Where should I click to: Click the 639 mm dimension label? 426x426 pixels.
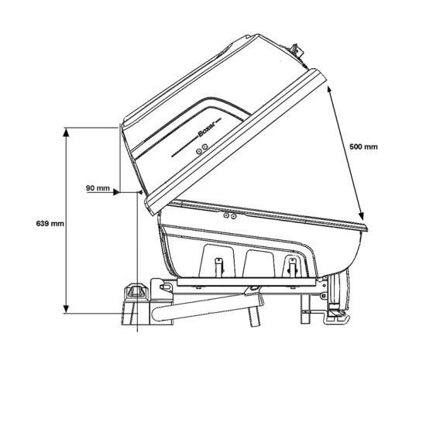(50, 224)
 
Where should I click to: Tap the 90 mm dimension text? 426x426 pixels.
(98, 188)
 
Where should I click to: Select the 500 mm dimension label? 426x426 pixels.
(363, 146)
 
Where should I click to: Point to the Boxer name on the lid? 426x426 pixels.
(207, 129)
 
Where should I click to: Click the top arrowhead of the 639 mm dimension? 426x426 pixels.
(66, 132)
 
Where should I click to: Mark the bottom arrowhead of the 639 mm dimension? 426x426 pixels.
(66, 308)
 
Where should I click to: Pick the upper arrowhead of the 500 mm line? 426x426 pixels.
(330, 90)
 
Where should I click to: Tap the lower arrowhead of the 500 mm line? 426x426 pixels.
(360, 216)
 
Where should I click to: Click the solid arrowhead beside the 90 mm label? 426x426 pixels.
(116, 192)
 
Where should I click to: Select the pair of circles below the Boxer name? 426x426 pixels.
(202, 149)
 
